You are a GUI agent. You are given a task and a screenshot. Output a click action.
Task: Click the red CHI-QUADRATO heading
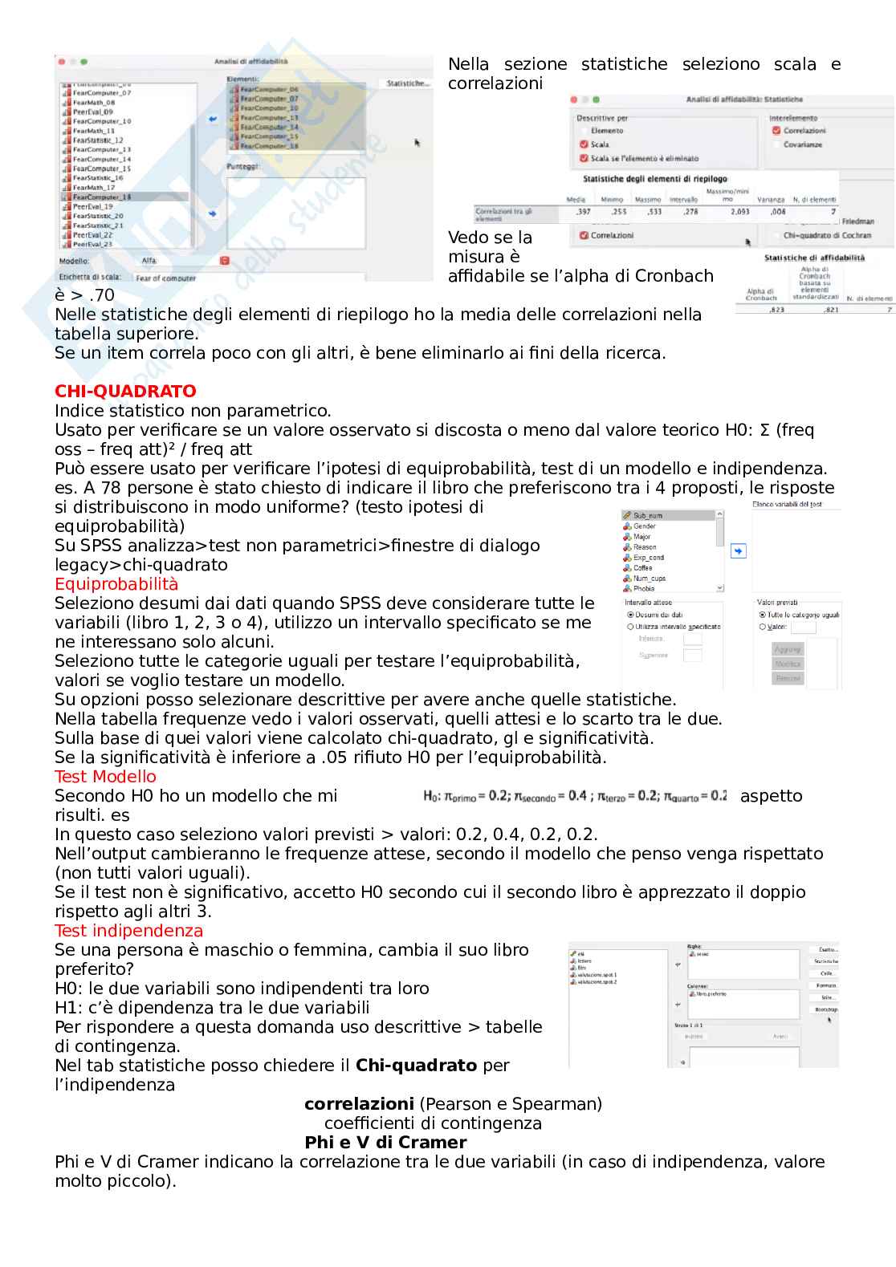click(x=125, y=392)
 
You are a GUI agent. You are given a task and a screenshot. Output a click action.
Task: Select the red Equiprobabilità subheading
click(x=116, y=584)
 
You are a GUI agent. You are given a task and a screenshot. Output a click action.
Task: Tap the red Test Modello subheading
click(x=105, y=777)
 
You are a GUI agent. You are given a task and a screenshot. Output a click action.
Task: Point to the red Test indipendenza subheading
click(x=128, y=931)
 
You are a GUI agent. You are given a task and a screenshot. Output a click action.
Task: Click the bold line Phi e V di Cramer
click(x=385, y=1143)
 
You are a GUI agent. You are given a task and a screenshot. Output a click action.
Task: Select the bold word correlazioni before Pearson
click(x=359, y=1104)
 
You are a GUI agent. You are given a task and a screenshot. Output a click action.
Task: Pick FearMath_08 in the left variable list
click(x=93, y=103)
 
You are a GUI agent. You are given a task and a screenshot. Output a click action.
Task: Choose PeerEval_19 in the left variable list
click(x=92, y=206)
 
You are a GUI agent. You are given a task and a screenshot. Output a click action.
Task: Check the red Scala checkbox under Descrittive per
click(x=584, y=144)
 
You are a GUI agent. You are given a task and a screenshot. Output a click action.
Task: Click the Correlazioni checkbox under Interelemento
click(x=776, y=131)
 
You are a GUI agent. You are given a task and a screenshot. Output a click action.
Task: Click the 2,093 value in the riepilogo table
click(x=739, y=212)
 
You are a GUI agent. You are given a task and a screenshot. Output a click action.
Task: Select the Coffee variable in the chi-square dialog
click(x=642, y=568)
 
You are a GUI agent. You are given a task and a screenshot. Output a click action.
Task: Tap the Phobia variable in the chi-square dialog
click(x=643, y=589)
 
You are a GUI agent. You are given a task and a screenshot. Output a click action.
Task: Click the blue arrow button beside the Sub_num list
click(x=739, y=551)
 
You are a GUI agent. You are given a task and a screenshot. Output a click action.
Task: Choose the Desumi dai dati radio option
click(x=630, y=615)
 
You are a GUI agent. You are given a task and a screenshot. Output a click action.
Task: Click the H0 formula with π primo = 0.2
click(x=575, y=796)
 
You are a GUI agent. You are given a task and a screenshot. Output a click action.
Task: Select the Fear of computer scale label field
click(x=166, y=278)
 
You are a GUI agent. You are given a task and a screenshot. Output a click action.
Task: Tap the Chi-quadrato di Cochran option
click(x=827, y=236)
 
